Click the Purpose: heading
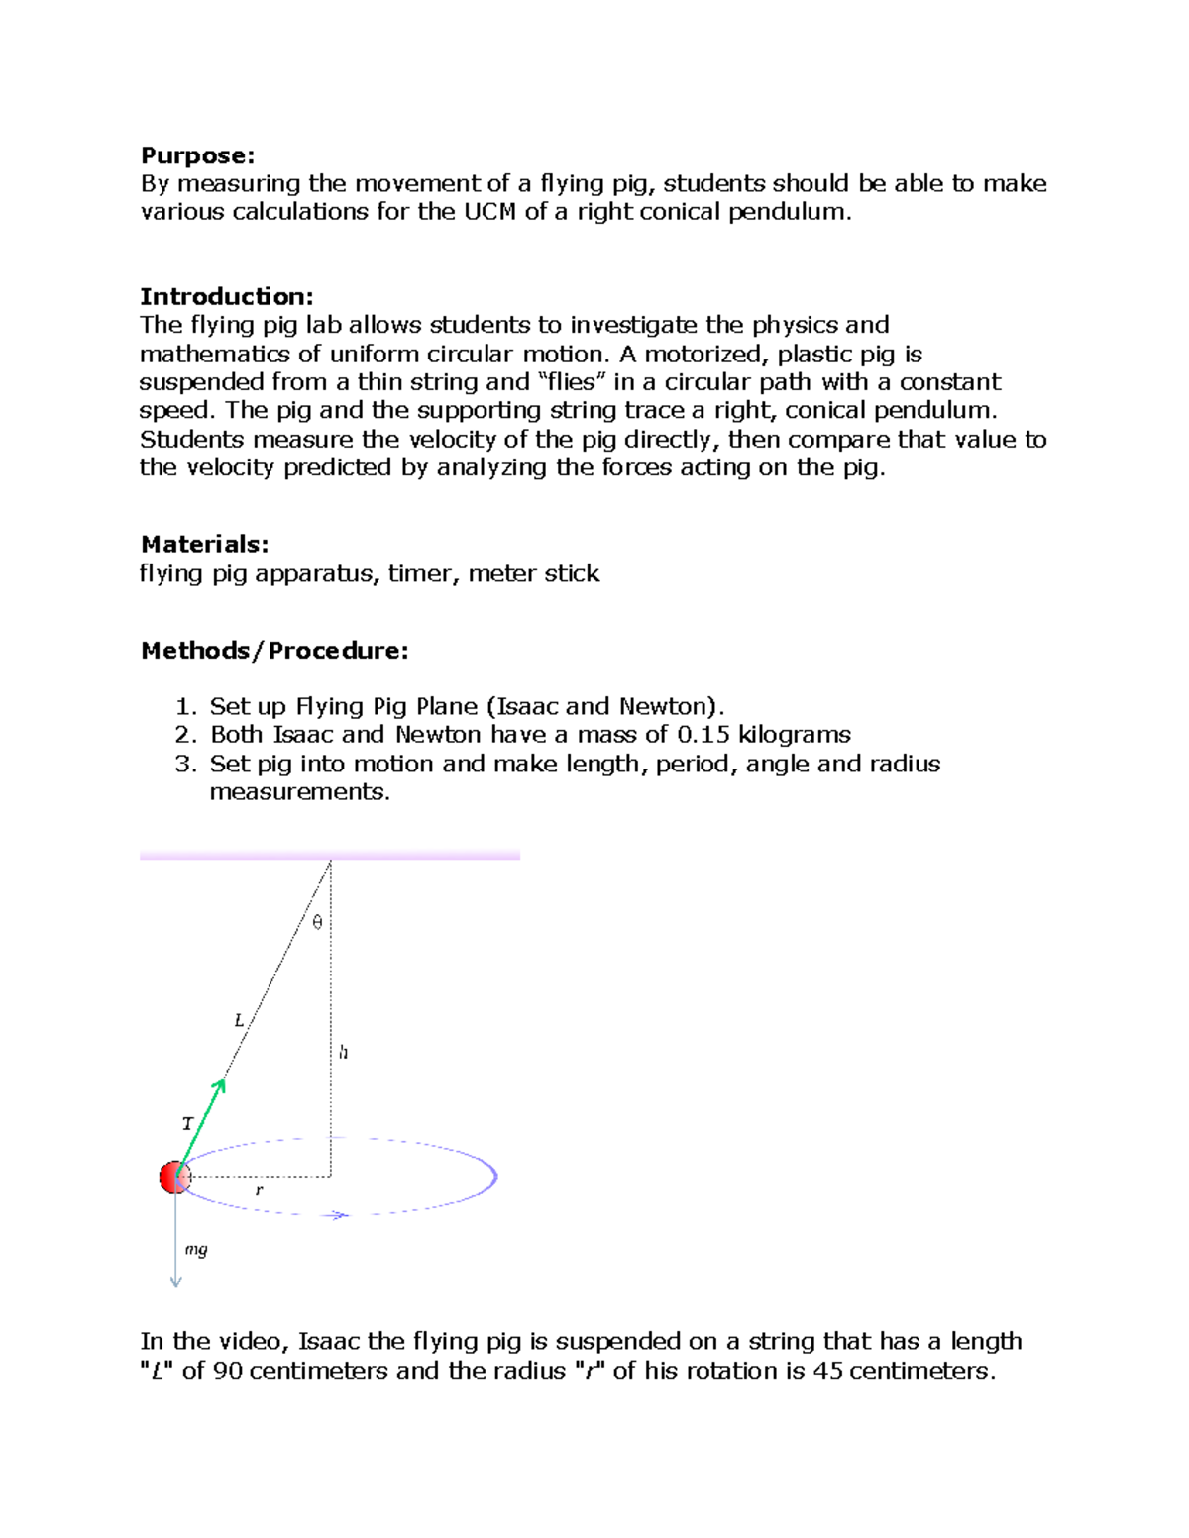click(x=197, y=155)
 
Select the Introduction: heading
click(x=226, y=296)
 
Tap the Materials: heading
click(x=204, y=544)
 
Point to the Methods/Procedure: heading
click(x=274, y=651)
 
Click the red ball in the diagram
click(x=174, y=1178)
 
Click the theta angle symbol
click(x=317, y=922)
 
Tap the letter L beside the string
click(x=239, y=1019)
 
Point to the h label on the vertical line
click(x=343, y=1052)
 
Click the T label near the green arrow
click(x=187, y=1123)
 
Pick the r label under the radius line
click(x=260, y=1190)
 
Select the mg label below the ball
click(x=196, y=1250)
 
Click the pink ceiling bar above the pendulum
click(x=329, y=854)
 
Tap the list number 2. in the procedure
click(x=187, y=735)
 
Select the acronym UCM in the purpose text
click(x=490, y=212)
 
